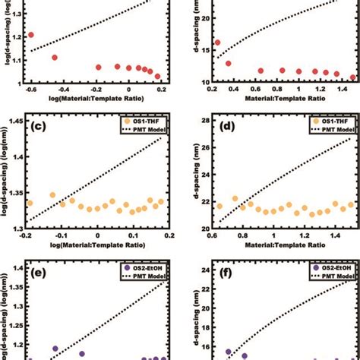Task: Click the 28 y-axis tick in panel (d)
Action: [x=203, y=121]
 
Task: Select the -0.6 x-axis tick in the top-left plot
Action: [x=30, y=90]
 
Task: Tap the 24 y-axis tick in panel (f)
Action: [x=203, y=270]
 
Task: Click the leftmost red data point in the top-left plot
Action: [x=31, y=35]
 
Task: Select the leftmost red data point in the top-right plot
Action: [x=219, y=43]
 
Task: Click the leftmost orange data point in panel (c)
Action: [x=30, y=204]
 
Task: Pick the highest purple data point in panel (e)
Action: [x=55, y=349]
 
